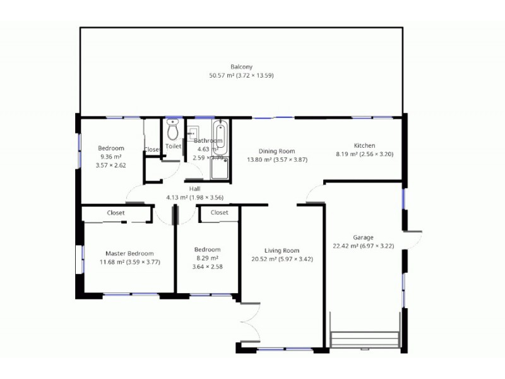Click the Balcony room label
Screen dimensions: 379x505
click(x=241, y=66)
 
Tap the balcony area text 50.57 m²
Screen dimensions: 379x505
click(x=222, y=75)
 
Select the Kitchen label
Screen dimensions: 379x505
click(x=364, y=145)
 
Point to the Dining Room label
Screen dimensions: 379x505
click(x=277, y=151)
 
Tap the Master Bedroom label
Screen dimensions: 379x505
click(x=129, y=253)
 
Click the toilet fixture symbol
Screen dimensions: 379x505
click(x=172, y=130)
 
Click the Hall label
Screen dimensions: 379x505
click(x=195, y=188)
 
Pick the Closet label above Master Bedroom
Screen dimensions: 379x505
click(x=116, y=213)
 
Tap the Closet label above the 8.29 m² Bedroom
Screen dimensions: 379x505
click(x=219, y=213)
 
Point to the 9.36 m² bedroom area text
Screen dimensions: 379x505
click(x=107, y=157)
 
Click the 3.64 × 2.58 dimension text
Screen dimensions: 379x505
click(x=207, y=266)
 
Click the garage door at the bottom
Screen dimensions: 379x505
click(x=365, y=339)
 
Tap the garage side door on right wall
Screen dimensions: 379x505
click(x=412, y=239)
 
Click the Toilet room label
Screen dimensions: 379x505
click(x=173, y=146)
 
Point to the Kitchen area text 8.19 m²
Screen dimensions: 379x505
click(x=345, y=153)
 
